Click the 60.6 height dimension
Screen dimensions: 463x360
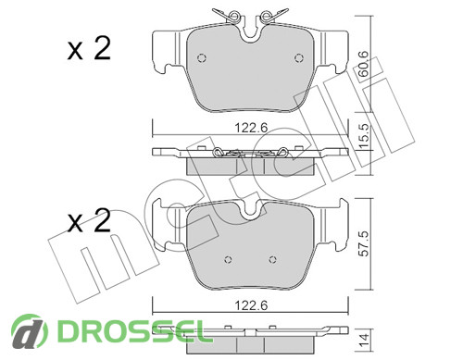[364, 64]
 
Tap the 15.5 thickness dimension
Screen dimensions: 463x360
[364, 137]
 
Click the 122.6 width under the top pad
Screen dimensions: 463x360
[251, 128]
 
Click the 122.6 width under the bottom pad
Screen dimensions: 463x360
[251, 305]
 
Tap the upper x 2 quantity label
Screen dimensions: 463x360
[89, 49]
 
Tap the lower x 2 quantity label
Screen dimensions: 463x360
[89, 221]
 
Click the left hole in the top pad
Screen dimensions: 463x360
[202, 58]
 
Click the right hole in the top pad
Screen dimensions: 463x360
[299, 58]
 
